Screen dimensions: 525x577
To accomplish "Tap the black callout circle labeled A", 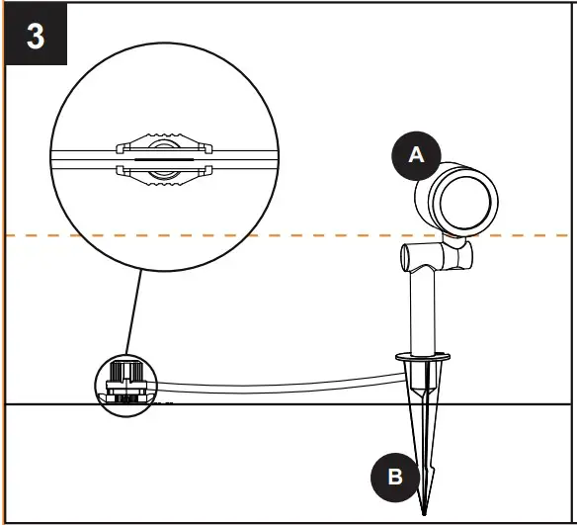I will coord(416,153).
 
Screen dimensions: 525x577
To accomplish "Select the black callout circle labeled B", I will coord(394,477).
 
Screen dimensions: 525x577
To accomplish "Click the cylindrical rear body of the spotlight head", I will coord(434,198).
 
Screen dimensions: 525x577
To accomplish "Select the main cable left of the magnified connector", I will coord(84,156).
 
